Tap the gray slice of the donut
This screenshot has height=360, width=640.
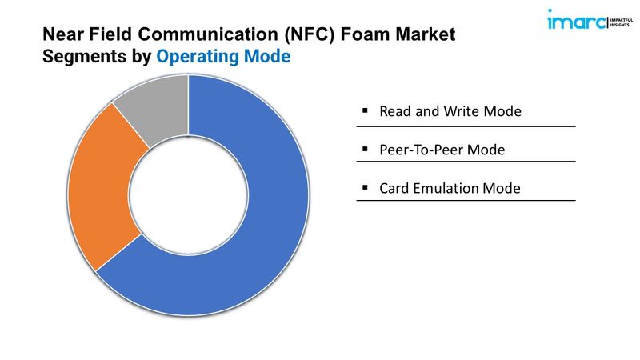pos(157,106)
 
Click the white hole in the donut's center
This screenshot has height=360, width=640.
pos(188,195)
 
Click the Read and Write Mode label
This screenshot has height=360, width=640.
pos(450,111)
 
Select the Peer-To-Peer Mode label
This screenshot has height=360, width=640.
pos(442,150)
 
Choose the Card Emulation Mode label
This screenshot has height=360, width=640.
pos(450,188)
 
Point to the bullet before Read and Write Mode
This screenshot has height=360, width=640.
pos(365,110)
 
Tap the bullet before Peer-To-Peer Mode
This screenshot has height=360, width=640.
pos(365,149)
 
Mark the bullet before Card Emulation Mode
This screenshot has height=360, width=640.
pos(365,187)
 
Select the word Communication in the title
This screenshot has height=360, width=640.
pos(209,34)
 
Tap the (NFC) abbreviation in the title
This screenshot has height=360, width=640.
pos(310,34)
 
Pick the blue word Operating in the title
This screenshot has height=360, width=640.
pos(197,57)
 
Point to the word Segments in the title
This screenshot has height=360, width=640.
pos(85,57)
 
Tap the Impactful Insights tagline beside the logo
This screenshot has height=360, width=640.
pos(622,22)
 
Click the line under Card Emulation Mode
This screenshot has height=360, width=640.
pos(466,201)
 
